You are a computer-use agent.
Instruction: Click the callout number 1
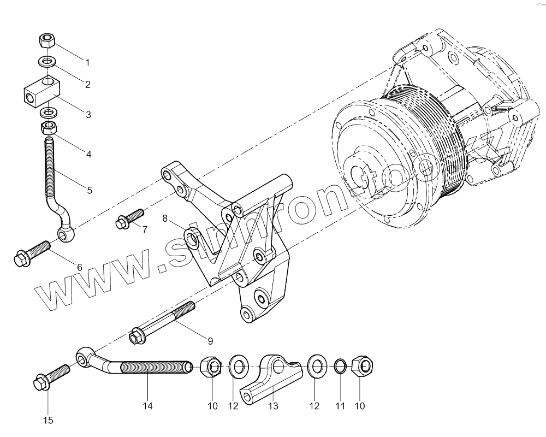[87, 61]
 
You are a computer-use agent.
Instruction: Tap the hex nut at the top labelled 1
[48, 40]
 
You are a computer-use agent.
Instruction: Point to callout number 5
[89, 191]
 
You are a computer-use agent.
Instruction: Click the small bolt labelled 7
[129, 218]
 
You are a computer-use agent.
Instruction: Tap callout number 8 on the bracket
[164, 219]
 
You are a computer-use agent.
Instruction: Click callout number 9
[210, 341]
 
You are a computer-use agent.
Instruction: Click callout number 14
[147, 406]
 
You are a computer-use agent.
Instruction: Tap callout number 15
[48, 420]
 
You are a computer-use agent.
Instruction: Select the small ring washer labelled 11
[339, 366]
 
